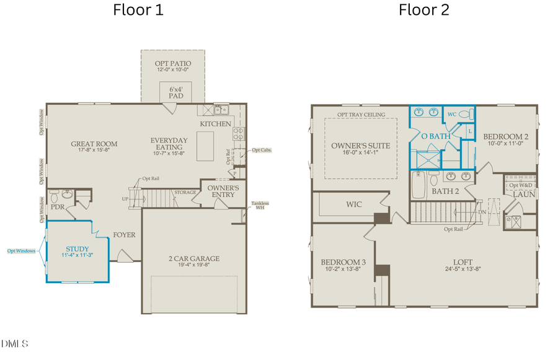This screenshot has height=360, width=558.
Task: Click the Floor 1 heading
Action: click(138, 10)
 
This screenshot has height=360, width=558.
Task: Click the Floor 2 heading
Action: click(424, 10)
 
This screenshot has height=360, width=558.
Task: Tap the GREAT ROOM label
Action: click(94, 144)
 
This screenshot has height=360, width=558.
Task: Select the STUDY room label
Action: click(77, 249)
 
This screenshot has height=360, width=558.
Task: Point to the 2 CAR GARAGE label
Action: click(194, 259)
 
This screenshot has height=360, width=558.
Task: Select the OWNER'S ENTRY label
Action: click(223, 191)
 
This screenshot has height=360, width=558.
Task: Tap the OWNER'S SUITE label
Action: click(360, 146)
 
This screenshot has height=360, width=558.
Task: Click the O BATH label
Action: click(435, 136)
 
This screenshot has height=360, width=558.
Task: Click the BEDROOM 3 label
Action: click(343, 263)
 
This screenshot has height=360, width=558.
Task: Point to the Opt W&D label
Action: click(521, 185)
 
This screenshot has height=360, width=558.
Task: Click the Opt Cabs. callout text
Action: click(261, 150)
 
